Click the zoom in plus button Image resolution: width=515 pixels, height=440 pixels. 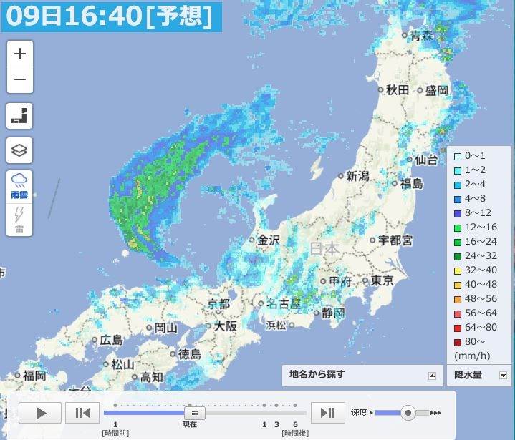(x=20, y=54)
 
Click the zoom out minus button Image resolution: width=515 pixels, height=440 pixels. (x=20, y=80)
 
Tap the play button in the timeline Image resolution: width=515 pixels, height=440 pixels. (x=40, y=412)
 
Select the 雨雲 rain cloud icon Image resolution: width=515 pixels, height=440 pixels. (x=20, y=184)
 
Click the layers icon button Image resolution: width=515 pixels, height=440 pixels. (x=20, y=150)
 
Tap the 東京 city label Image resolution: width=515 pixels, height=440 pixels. (x=382, y=281)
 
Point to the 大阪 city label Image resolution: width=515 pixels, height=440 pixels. (x=225, y=326)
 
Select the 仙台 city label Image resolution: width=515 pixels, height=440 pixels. (x=425, y=160)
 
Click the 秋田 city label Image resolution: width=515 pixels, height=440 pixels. (x=397, y=90)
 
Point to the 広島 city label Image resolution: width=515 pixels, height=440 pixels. (x=110, y=341)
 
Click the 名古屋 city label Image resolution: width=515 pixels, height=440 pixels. (x=284, y=303)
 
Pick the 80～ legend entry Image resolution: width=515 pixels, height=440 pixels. (x=476, y=341)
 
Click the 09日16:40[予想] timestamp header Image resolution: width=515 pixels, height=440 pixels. (x=110, y=16)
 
